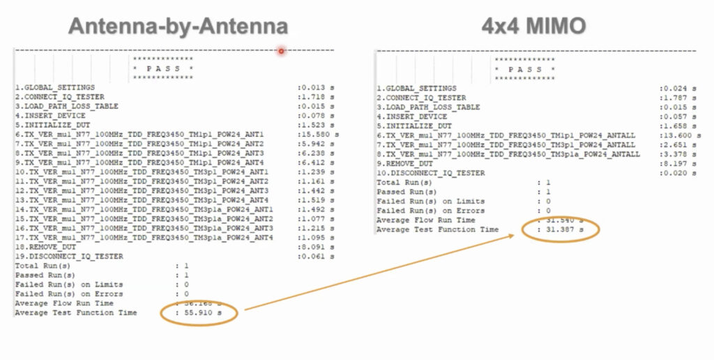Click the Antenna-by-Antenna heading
pos(178,26)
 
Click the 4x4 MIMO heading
pos(533,26)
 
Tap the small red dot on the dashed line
pos(281,50)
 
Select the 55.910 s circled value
pos(202,313)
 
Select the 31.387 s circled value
pos(563,230)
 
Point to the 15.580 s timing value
pos(319,134)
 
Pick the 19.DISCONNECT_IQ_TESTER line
pos(69,257)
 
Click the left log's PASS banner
pos(162,69)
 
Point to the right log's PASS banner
pos(524,70)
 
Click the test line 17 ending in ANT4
pos(144,239)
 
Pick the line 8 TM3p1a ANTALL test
pos(506,154)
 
